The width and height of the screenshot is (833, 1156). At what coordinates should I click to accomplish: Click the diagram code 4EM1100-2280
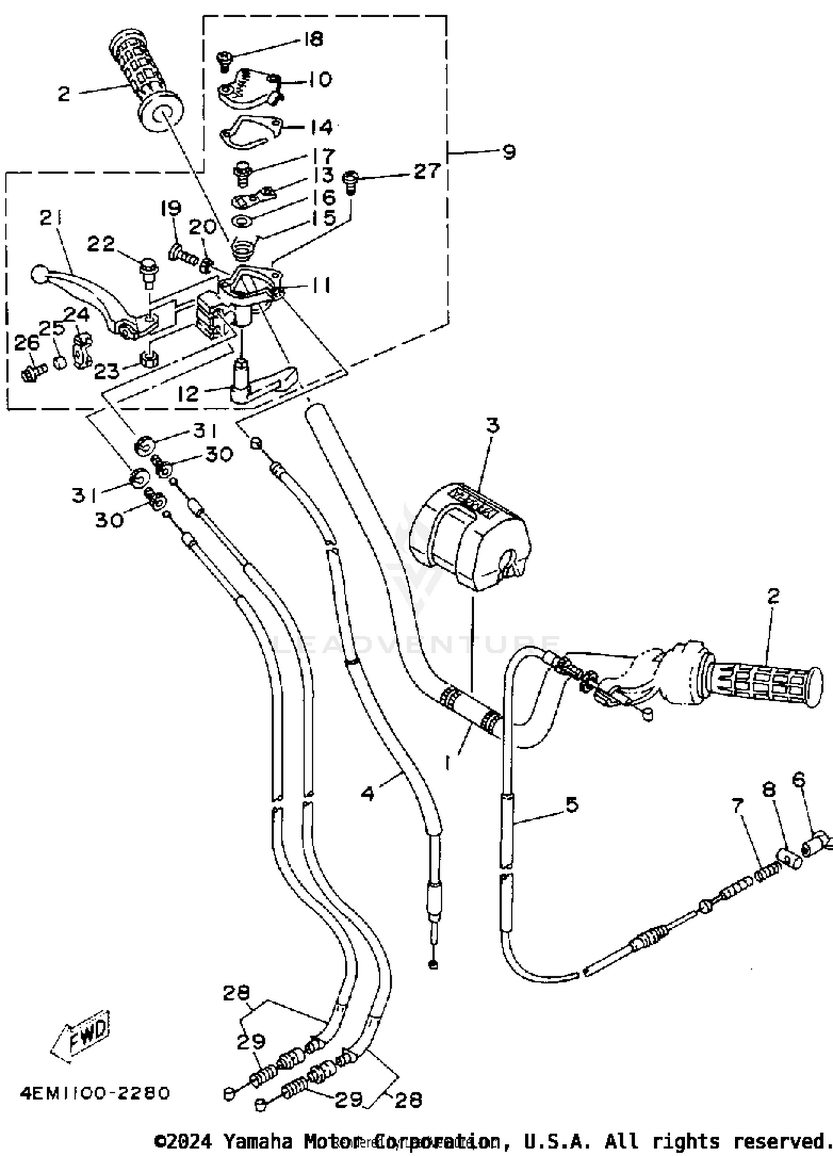click(94, 1093)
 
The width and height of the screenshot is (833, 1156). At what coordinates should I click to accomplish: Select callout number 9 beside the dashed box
click(509, 152)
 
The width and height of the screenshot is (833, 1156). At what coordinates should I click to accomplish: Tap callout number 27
click(426, 171)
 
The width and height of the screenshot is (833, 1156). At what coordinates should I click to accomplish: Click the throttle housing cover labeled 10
click(247, 89)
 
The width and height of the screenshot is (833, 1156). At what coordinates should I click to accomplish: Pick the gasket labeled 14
click(250, 131)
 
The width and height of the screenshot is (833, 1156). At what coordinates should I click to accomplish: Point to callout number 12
click(188, 393)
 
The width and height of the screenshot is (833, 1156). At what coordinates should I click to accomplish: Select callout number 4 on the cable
click(368, 793)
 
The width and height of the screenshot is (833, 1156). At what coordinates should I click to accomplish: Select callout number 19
click(170, 208)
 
